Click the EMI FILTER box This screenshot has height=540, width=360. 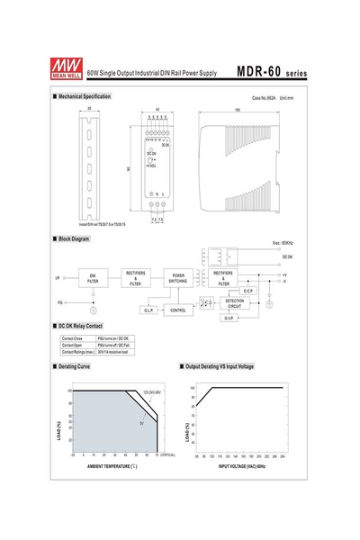[94, 279]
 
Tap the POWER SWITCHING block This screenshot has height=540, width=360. [178, 279]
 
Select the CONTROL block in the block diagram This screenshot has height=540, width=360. [178, 310]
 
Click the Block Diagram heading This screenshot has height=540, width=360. [73, 238]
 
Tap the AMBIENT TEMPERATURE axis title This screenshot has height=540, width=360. [112, 468]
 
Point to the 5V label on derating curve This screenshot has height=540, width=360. [140, 422]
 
